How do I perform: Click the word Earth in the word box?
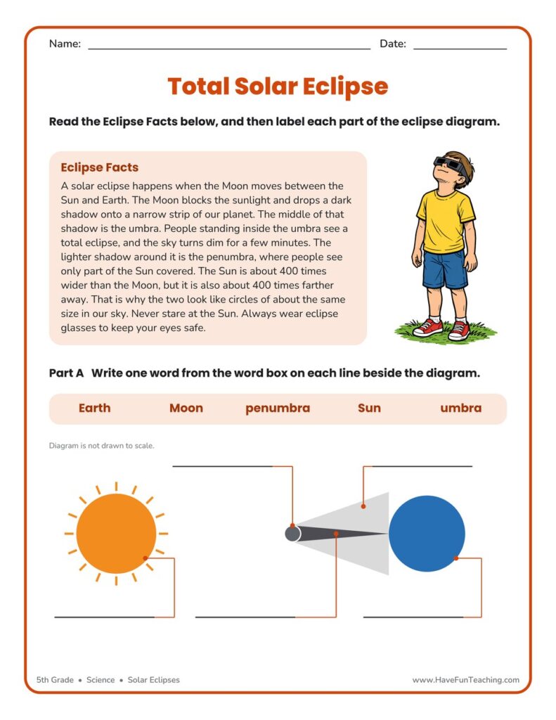click(x=94, y=408)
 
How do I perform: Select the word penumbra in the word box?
click(x=278, y=409)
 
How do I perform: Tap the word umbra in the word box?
click(x=460, y=408)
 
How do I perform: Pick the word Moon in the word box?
click(x=186, y=408)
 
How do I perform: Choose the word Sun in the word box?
click(x=369, y=408)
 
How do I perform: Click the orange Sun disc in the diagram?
click(x=116, y=534)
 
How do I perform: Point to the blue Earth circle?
click(x=427, y=534)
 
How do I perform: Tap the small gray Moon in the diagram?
click(x=292, y=534)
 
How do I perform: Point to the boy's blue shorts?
click(x=444, y=270)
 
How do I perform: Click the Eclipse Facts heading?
click(x=100, y=167)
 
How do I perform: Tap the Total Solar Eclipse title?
click(x=278, y=86)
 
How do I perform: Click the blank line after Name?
click(x=229, y=49)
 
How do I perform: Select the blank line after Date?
click(x=460, y=49)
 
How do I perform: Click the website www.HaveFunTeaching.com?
click(x=465, y=680)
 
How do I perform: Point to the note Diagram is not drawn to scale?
click(x=101, y=445)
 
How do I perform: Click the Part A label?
click(x=67, y=373)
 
